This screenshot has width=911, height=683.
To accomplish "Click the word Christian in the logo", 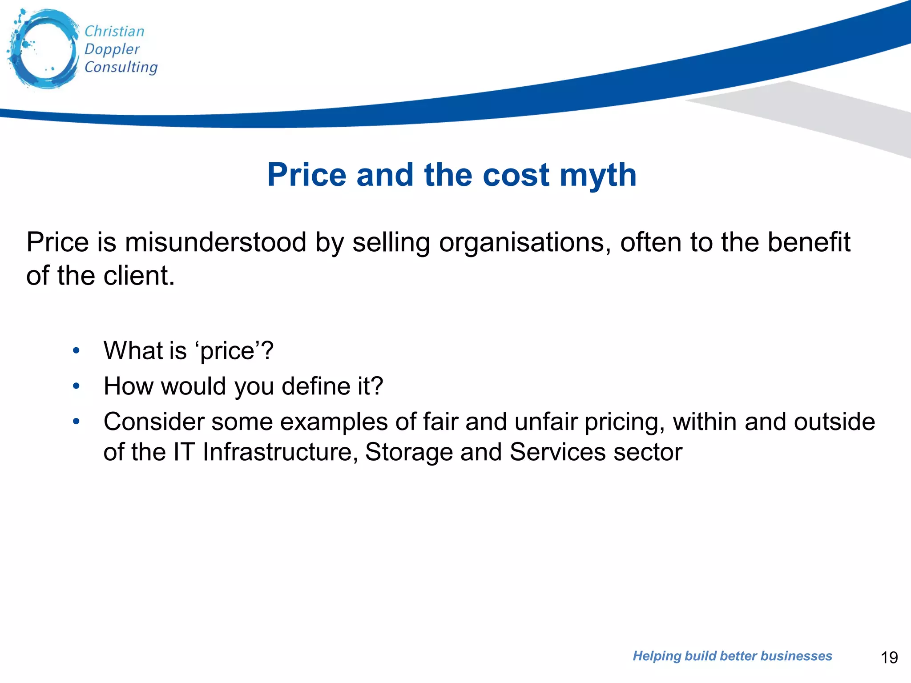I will click(114, 31).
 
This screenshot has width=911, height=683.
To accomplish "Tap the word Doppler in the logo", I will click(112, 49).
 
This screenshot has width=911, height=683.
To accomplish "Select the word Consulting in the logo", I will click(121, 67).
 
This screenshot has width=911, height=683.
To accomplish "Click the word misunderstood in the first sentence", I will click(215, 242).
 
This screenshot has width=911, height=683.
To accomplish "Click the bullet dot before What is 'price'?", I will click(76, 351).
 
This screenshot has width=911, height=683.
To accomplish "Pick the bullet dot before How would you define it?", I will click(76, 386).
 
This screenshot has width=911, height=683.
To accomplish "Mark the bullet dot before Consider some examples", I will click(76, 421).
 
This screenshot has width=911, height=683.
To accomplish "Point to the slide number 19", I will click(889, 657).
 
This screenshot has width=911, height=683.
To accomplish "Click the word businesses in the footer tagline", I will click(796, 656).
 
